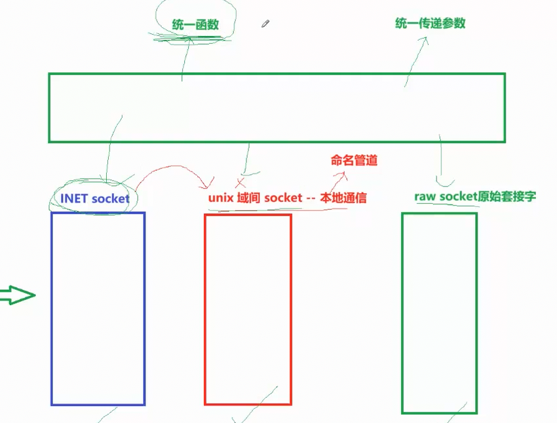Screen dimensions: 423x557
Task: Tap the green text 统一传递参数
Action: (x=431, y=24)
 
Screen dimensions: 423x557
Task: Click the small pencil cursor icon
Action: (x=265, y=24)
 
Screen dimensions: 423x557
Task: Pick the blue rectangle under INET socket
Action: (x=98, y=308)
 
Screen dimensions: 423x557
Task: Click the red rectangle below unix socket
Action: (x=248, y=309)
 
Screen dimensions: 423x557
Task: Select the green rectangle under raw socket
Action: (x=439, y=313)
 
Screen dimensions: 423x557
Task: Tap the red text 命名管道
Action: (x=354, y=160)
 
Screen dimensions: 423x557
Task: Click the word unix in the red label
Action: (x=221, y=198)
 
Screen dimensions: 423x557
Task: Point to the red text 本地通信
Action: (x=343, y=198)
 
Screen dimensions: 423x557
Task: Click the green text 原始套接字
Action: (x=508, y=196)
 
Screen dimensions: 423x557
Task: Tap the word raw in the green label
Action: (x=425, y=196)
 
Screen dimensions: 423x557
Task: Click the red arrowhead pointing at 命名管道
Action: (x=343, y=174)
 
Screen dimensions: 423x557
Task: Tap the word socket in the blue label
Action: (x=111, y=198)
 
